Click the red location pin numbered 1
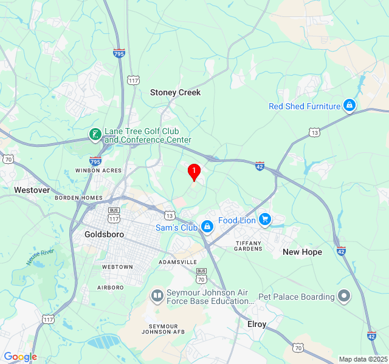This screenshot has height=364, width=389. pos(194,172)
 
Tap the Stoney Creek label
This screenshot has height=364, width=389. pos(175,93)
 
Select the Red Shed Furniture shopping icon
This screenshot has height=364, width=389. pos(349,106)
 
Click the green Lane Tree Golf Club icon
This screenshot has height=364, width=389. pos(95,134)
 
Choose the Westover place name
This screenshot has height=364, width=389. pos(32,190)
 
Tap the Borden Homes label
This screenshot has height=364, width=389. pos(79,198)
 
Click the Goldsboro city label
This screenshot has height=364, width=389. pos(105,234)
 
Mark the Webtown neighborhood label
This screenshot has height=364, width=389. pos(117,267)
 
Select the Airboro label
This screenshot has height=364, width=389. pos(111,287)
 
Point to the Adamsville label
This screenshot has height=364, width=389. pos(177,261)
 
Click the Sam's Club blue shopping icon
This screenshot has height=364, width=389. pos(207,227)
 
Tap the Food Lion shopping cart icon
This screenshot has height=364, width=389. pos(264,220)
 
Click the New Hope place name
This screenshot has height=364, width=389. pos(302,252)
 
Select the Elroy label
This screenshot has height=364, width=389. pos(256,325)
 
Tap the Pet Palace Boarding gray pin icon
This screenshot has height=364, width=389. pos(345,297)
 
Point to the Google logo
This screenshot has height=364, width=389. pos(20,357)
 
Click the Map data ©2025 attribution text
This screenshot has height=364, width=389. pos(362,359)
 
